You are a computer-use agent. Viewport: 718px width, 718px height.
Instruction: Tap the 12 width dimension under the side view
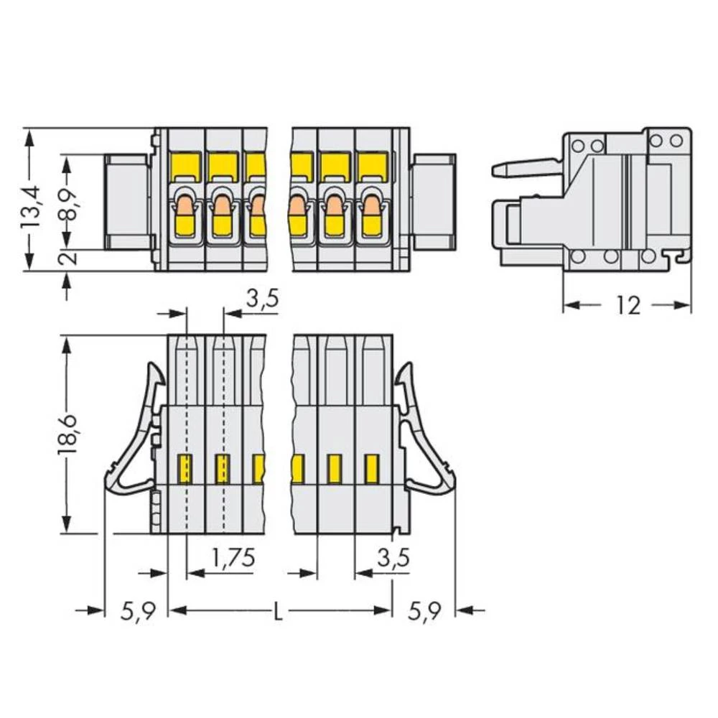pos(627,305)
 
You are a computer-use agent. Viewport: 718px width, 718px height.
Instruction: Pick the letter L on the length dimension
pos(279,612)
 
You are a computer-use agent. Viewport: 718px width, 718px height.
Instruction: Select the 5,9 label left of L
pos(136,612)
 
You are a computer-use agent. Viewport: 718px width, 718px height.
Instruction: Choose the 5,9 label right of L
pos(424,612)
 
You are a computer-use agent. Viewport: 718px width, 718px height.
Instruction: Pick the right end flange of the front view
pos(434,201)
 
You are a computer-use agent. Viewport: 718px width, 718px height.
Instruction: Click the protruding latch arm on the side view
pos(524,169)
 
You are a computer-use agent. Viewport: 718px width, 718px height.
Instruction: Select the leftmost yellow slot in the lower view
pos(185,468)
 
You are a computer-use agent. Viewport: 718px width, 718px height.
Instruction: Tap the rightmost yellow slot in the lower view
pos(371,468)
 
